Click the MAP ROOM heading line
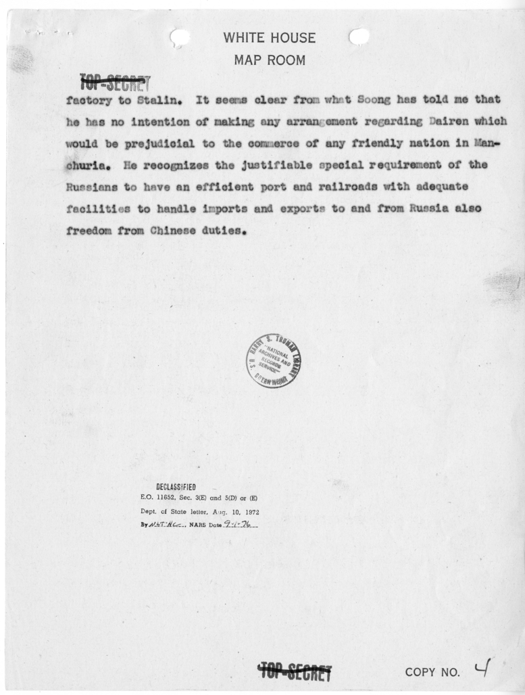[269, 61]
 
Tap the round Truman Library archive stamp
[273, 360]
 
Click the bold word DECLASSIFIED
[176, 487]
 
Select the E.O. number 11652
[177, 498]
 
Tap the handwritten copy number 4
[482, 669]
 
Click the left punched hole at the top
[178, 37]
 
